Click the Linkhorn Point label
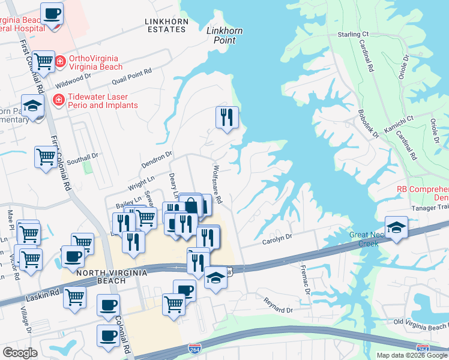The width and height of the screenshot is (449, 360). [x=221, y=35]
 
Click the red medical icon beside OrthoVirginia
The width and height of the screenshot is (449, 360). [x=60, y=61]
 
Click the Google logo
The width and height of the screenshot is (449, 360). [x=20, y=353]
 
